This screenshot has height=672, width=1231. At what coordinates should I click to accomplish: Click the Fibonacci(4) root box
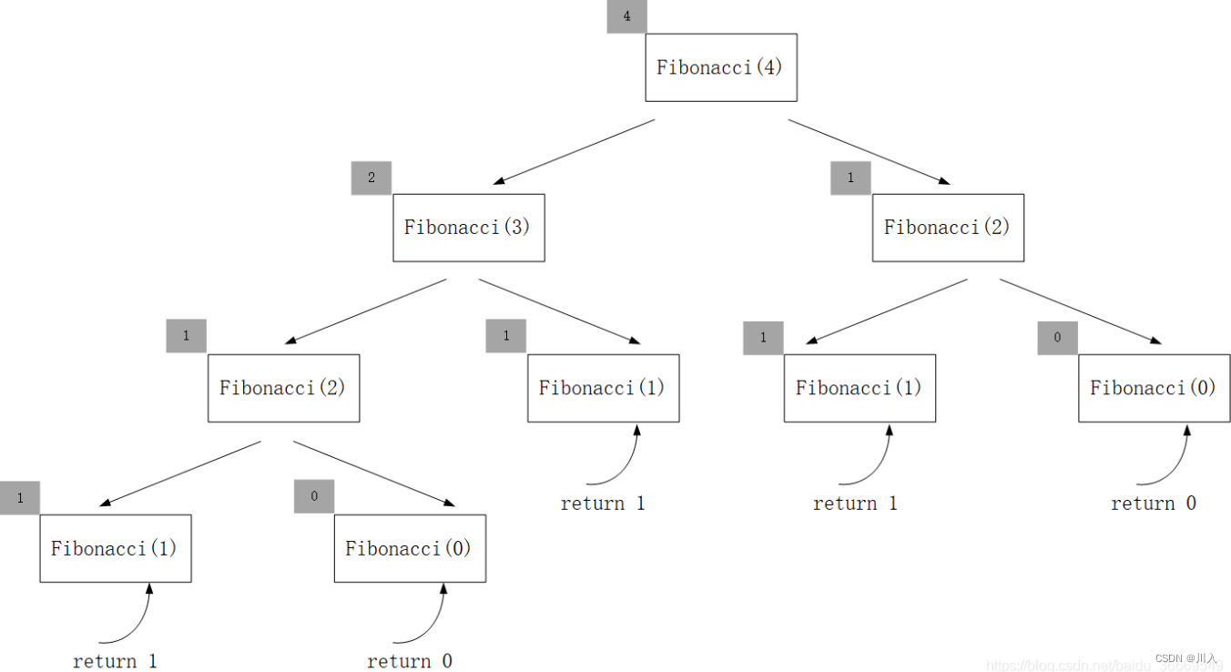[720, 67]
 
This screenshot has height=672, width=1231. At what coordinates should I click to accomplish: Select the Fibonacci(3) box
[468, 228]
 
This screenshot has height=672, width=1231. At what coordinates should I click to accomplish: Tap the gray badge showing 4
[626, 16]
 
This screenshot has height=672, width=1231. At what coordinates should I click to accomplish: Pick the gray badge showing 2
[371, 178]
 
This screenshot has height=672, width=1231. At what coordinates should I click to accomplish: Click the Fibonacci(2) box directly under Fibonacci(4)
[947, 228]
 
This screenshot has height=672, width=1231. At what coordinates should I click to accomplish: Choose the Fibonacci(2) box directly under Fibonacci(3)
[283, 388]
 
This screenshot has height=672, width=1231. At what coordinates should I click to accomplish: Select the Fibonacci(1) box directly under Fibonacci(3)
[603, 388]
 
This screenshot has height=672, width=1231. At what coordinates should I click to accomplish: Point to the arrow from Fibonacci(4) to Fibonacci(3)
[574, 151]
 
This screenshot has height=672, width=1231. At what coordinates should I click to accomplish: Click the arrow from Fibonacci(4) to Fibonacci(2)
[869, 151]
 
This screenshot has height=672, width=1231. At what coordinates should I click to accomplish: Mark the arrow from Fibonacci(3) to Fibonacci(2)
[365, 311]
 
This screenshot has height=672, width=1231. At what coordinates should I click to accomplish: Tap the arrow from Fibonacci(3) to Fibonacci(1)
[559, 311]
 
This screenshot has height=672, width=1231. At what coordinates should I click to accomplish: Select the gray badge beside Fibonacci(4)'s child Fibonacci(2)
[849, 178]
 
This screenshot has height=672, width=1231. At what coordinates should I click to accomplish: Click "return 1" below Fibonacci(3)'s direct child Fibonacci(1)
[603, 504]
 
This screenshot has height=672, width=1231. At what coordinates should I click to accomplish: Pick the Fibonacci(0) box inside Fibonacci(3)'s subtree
[409, 548]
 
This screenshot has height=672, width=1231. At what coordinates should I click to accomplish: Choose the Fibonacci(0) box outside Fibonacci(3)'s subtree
[1153, 388]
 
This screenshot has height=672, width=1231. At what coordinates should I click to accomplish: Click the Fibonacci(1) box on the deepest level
[115, 548]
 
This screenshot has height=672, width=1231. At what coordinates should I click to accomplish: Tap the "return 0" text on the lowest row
[409, 661]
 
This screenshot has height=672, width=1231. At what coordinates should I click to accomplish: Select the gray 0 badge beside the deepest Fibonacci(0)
[313, 496]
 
